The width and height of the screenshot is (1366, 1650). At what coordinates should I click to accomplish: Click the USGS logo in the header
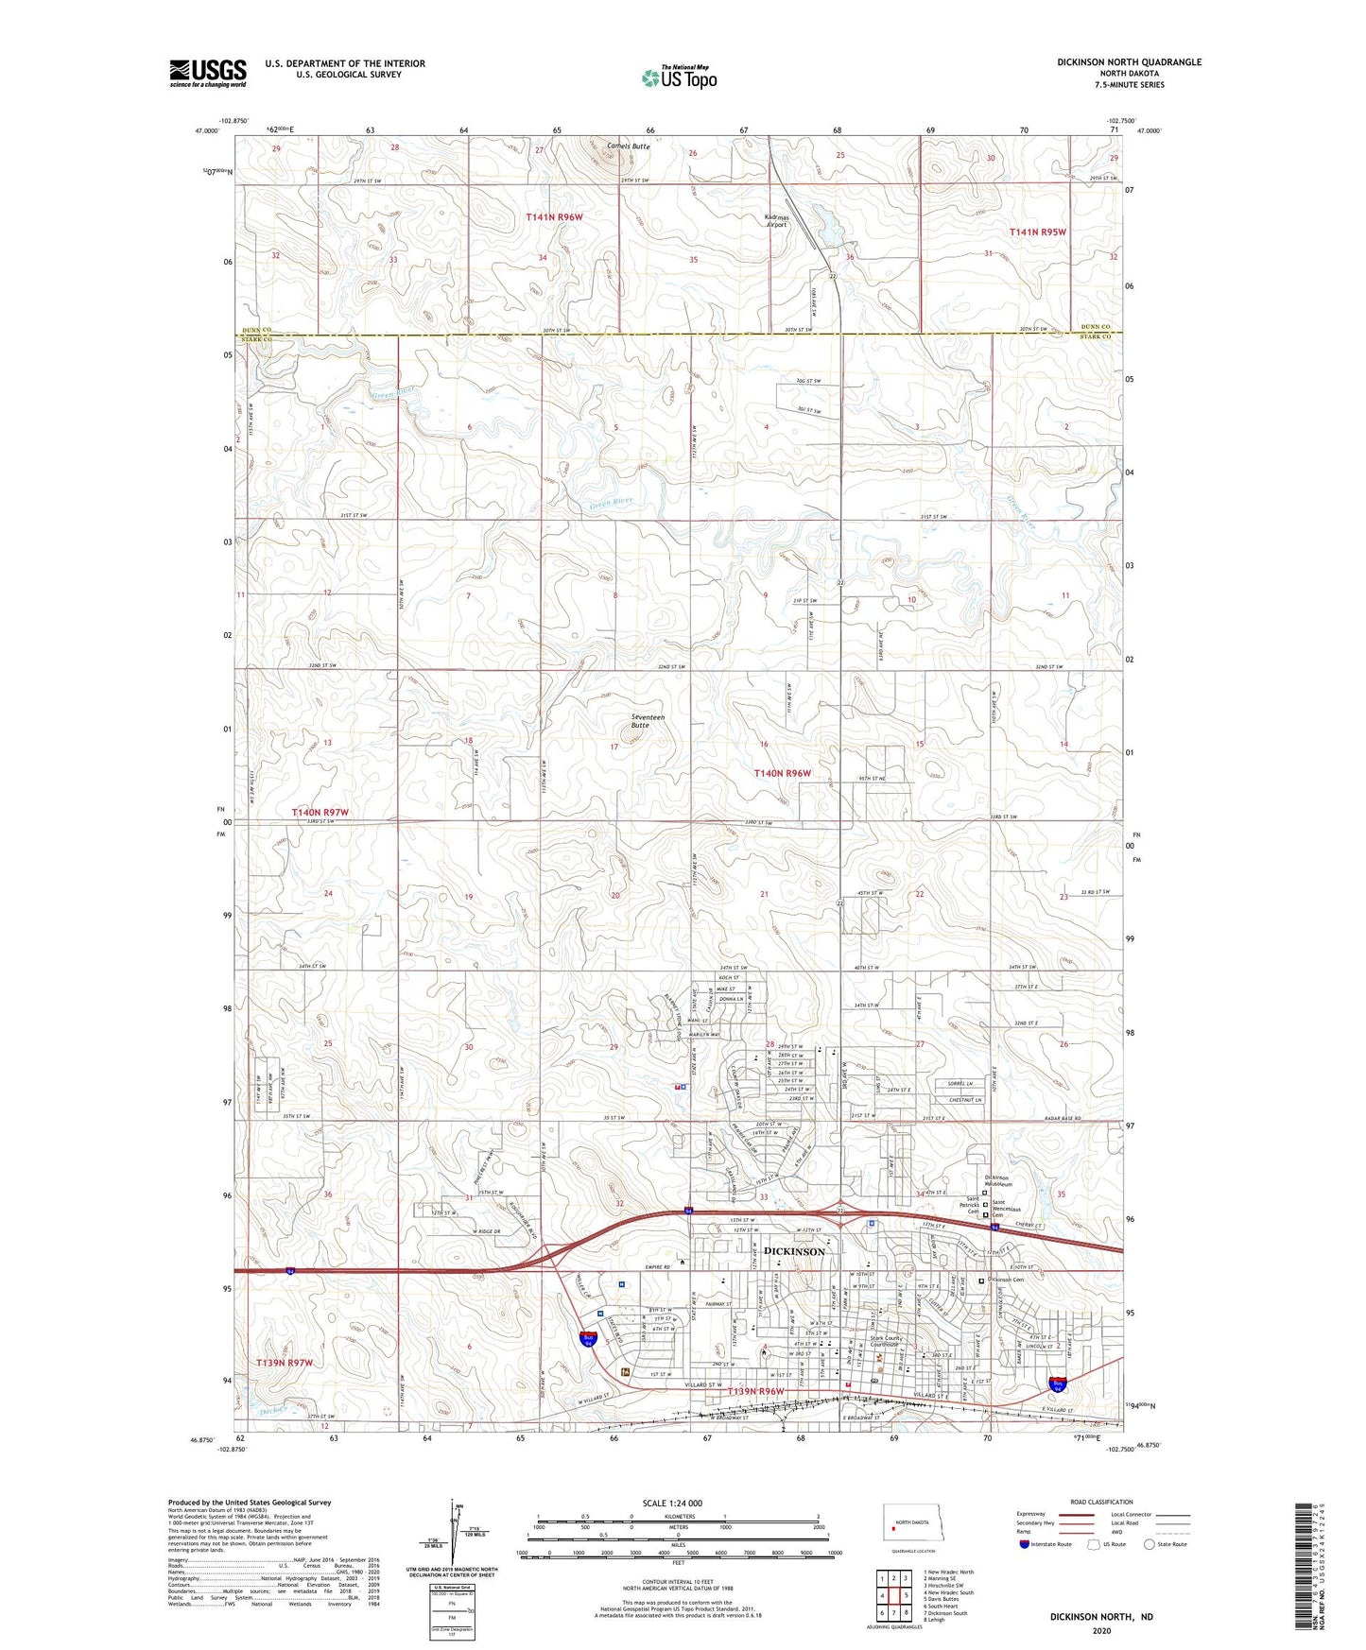click(208, 73)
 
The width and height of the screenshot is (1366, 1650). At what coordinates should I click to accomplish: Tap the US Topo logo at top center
click(679, 77)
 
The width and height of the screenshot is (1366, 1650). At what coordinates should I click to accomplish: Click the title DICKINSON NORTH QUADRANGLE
click(1129, 62)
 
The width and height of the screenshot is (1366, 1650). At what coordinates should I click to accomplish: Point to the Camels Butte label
click(629, 146)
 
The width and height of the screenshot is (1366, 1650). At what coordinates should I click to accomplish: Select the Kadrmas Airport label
click(776, 221)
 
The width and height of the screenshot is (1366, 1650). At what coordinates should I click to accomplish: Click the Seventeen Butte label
click(648, 721)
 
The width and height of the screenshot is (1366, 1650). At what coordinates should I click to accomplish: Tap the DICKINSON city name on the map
click(794, 1251)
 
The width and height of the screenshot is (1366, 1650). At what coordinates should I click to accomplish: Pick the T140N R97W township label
click(320, 813)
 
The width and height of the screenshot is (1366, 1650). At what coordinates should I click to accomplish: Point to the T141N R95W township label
click(1037, 232)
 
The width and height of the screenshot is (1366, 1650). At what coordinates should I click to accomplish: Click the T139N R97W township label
click(284, 1363)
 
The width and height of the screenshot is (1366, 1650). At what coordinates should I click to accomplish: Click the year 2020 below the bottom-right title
click(1100, 1630)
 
